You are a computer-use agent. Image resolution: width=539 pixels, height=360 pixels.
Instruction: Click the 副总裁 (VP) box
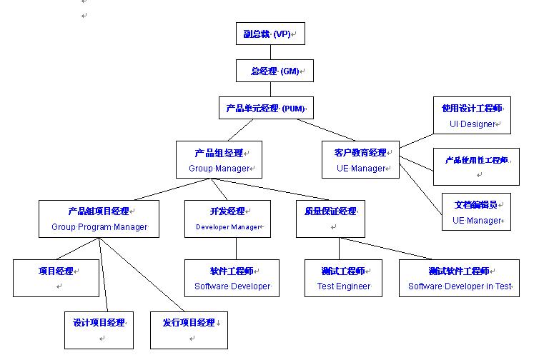click(x=270, y=34)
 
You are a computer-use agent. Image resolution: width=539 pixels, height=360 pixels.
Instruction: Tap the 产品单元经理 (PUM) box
click(x=265, y=109)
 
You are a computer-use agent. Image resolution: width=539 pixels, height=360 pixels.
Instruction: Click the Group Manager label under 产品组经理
click(x=219, y=169)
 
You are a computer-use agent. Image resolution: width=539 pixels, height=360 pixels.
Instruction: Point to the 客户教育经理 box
click(x=360, y=159)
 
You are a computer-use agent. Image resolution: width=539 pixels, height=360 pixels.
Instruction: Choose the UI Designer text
click(x=473, y=124)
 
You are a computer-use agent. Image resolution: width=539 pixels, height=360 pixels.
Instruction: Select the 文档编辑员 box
click(x=476, y=211)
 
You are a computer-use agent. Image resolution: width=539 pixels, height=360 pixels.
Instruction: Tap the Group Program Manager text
click(x=99, y=227)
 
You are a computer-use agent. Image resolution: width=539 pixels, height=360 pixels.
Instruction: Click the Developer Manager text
click(x=228, y=227)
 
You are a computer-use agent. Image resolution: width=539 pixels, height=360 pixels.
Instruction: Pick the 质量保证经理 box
click(x=330, y=218)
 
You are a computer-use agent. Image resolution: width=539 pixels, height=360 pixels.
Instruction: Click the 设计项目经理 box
click(x=99, y=329)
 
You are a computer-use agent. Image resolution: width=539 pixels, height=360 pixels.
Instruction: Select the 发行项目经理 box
click(x=189, y=329)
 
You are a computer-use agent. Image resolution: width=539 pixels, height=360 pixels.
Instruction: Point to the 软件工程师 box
click(x=232, y=278)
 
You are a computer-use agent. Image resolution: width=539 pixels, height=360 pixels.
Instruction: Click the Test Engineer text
click(x=344, y=286)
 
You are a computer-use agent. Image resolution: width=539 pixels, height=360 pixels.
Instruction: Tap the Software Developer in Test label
click(x=460, y=286)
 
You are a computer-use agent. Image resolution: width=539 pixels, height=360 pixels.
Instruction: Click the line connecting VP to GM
click(x=271, y=52)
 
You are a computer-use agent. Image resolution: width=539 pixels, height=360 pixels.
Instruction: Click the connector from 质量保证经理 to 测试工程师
click(x=340, y=249)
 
